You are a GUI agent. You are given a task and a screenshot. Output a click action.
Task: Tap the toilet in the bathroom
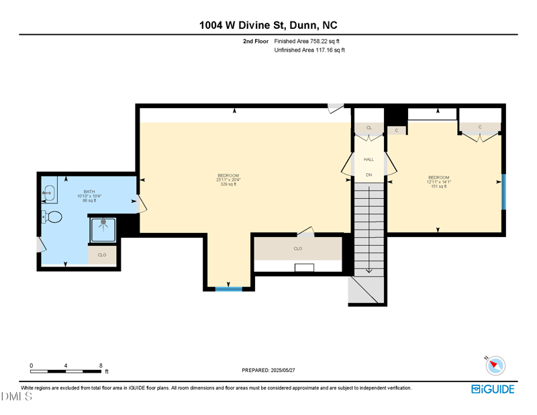(52, 217)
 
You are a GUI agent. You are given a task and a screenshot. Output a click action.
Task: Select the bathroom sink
(48, 192)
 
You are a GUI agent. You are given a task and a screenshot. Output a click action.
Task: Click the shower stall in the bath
(103, 229)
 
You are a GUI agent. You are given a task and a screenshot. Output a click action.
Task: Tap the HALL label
(369, 159)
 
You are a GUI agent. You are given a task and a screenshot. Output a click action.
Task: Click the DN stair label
(369, 175)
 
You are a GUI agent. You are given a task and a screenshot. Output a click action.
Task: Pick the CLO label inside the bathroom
(102, 255)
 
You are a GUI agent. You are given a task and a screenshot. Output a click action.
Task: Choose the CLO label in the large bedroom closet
(297, 248)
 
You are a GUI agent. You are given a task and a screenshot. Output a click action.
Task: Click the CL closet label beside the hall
(369, 127)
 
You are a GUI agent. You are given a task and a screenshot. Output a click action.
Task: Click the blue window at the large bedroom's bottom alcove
(228, 289)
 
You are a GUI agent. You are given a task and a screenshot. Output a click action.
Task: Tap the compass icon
(496, 365)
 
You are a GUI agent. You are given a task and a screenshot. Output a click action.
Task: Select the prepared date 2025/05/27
(268, 370)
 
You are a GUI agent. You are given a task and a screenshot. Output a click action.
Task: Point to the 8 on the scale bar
(101, 365)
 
